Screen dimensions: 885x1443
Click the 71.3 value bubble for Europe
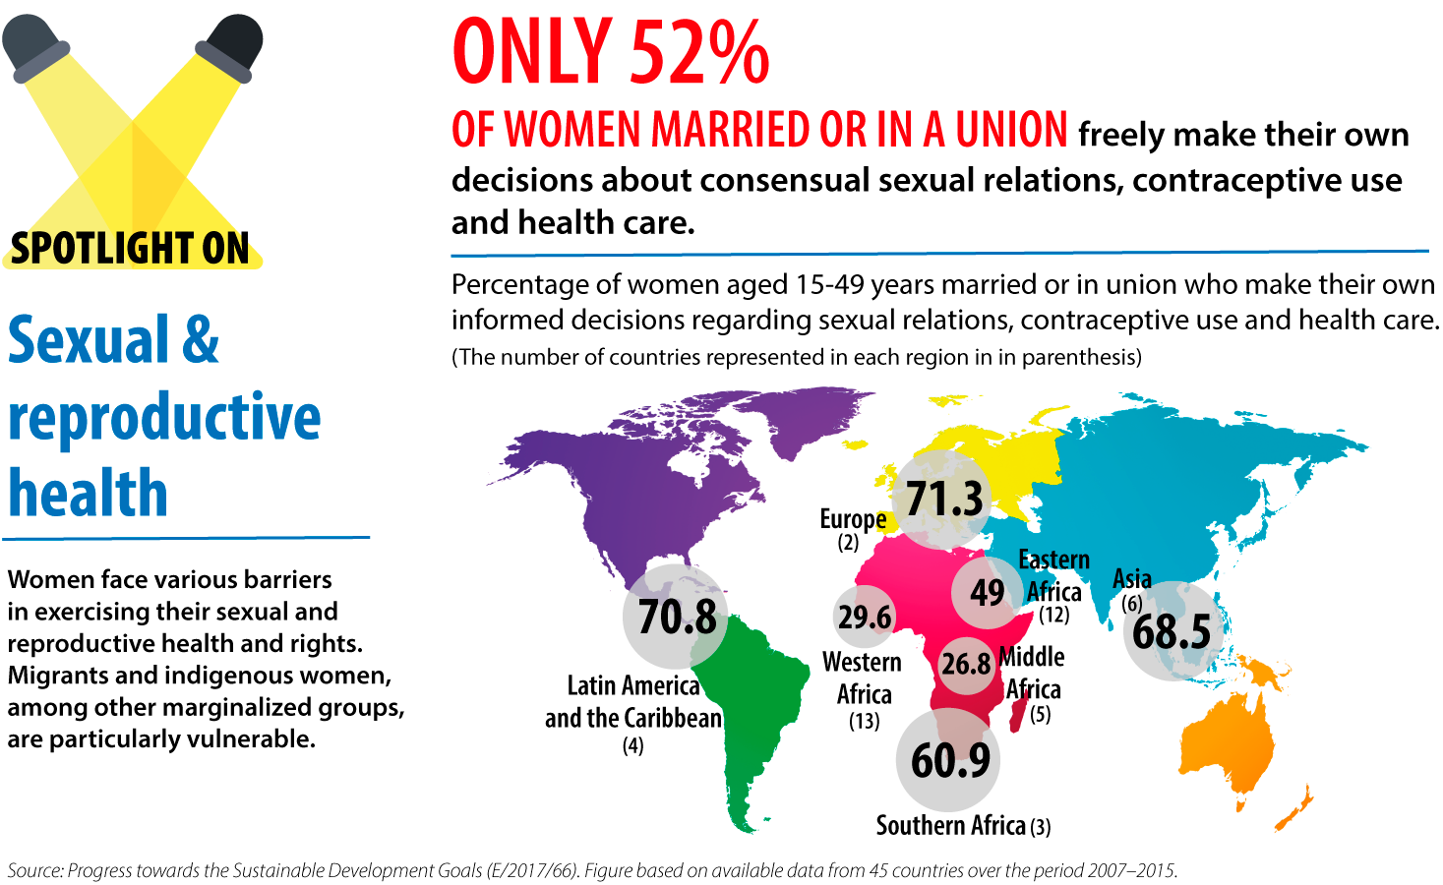pyautogui.click(x=944, y=500)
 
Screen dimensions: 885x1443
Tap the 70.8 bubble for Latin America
pyautogui.click(x=677, y=617)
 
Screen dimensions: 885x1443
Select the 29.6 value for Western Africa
pyautogui.click(x=865, y=617)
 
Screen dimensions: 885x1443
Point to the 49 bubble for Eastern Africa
pyautogui.click(x=987, y=592)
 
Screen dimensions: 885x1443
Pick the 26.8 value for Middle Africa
pyautogui.click(x=966, y=664)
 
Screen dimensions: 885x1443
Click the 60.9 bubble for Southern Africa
pyautogui.click(x=949, y=760)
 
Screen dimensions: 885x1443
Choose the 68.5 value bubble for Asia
pyautogui.click(x=1172, y=631)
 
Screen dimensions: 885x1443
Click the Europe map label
pyautogui.click(x=853, y=519)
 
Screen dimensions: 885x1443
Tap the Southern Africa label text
pyautogui.click(x=950, y=825)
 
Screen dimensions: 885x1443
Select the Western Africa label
pyautogui.click(x=863, y=678)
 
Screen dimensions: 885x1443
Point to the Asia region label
pyautogui.click(x=1131, y=579)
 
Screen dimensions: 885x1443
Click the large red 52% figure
pyautogui.click(x=699, y=53)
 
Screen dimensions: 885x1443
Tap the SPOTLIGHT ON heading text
pyautogui.click(x=131, y=248)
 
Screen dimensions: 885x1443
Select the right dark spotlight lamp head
pyautogui.click(x=231, y=45)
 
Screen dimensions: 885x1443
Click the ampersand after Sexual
pyautogui.click(x=201, y=340)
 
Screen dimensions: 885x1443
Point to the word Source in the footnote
pyautogui.click(x=34, y=870)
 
